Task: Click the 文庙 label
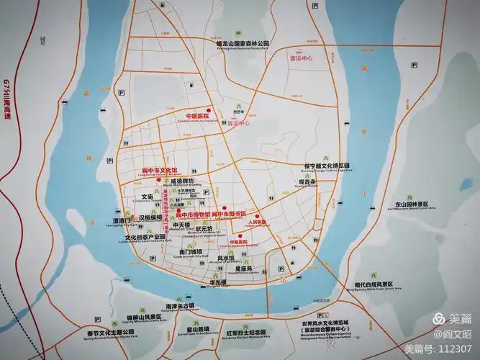click(x=147, y=196)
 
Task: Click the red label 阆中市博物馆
click(x=194, y=215)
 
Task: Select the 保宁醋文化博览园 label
click(x=326, y=165)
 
